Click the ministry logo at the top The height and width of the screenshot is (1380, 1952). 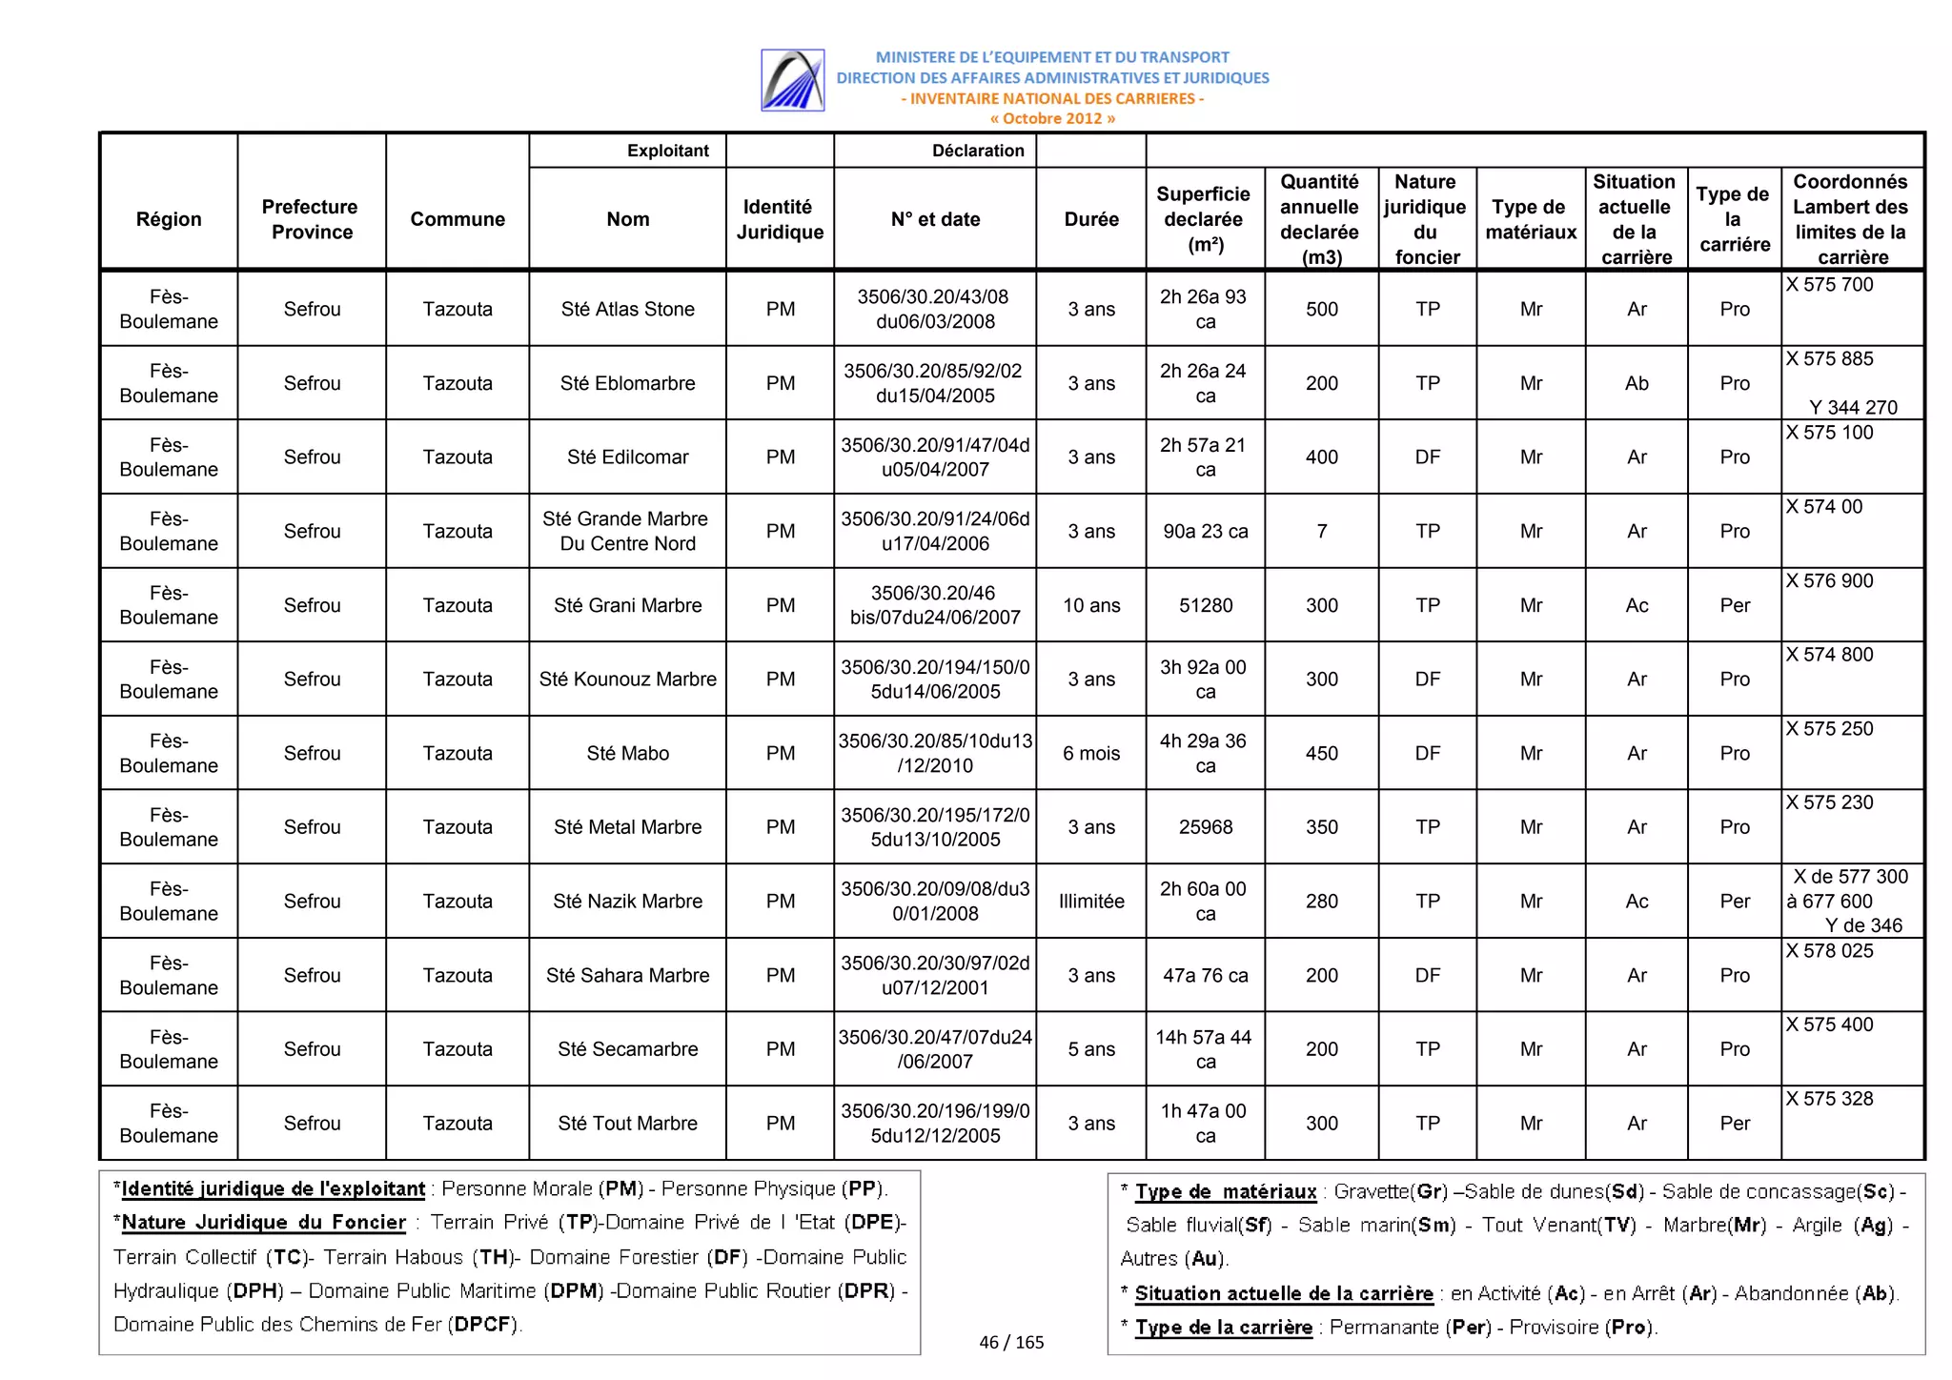pyautogui.click(x=792, y=80)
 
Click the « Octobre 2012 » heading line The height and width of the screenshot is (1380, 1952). pyautogui.click(x=1051, y=118)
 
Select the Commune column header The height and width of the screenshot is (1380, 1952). pyautogui.click(x=457, y=219)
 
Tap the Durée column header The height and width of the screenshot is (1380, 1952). pyautogui.click(x=1090, y=219)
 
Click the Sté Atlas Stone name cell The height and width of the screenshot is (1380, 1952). pyautogui.click(x=627, y=309)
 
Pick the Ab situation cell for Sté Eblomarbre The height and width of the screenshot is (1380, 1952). pyautogui.click(x=1636, y=383)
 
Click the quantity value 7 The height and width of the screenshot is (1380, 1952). pyautogui.click(x=1321, y=531)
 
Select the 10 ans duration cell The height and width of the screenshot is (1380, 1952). pyautogui.click(x=1090, y=605)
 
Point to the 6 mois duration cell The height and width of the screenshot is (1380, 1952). pyautogui.click(x=1090, y=753)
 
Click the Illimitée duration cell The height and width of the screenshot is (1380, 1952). pyautogui.click(x=1090, y=901)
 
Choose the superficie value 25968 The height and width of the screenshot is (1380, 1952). pyautogui.click(x=1205, y=827)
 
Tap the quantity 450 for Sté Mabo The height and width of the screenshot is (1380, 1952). pyautogui.click(x=1321, y=753)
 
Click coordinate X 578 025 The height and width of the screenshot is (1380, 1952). pyautogui.click(x=1829, y=951)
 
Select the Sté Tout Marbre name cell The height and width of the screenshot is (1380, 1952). pyautogui.click(x=627, y=1123)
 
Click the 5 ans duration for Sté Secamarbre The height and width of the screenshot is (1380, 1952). pyautogui.click(x=1090, y=1049)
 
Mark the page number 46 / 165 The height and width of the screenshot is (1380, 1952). pyautogui.click(x=1010, y=1342)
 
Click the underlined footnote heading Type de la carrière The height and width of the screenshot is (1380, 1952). pyautogui.click(x=1223, y=1327)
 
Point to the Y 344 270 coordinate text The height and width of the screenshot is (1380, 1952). pyautogui.click(x=1852, y=407)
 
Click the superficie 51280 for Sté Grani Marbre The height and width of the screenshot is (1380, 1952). pyautogui.click(x=1205, y=605)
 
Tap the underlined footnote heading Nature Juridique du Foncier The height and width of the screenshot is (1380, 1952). pyautogui.click(x=263, y=1222)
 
